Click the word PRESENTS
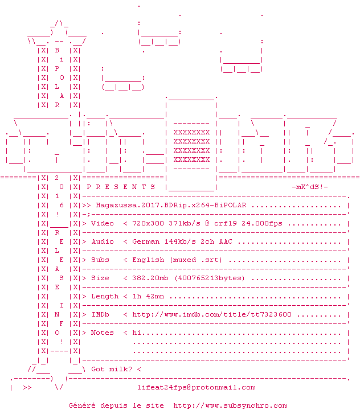tap(121, 187)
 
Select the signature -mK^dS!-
tap(309, 187)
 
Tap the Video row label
tap(103, 223)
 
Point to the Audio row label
tap(103, 241)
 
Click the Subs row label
tap(100, 260)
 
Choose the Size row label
tap(100, 278)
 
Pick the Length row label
tap(105, 296)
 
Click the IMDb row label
tap(100, 314)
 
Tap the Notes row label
tap(103, 333)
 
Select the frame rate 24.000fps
tap(262, 223)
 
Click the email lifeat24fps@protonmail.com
tap(197, 387)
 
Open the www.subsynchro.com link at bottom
tap(230, 405)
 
